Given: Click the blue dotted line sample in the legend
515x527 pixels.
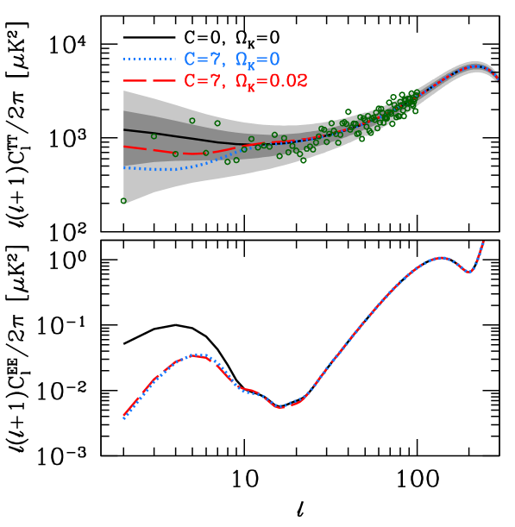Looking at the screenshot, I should point(148,60).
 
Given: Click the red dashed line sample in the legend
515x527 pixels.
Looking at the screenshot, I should point(148,81).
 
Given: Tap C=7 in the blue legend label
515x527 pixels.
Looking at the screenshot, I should point(204,60).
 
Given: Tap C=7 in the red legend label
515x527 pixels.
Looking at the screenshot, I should point(204,81).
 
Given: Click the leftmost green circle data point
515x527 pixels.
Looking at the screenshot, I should point(123,201).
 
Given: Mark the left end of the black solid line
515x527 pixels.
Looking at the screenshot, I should point(124,130).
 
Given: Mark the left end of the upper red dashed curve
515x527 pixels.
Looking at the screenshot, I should point(124,147).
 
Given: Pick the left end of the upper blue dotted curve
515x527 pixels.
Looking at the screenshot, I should point(124,168).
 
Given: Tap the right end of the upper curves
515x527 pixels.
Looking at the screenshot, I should point(498,77).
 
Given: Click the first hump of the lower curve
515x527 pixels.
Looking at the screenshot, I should point(198,354).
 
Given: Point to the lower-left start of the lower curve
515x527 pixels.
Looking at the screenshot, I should point(124,418).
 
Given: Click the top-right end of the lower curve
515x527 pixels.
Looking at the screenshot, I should point(484,242).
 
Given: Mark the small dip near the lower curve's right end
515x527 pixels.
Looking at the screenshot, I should point(468,272).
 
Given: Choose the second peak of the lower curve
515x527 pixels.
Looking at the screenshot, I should point(443,257).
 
